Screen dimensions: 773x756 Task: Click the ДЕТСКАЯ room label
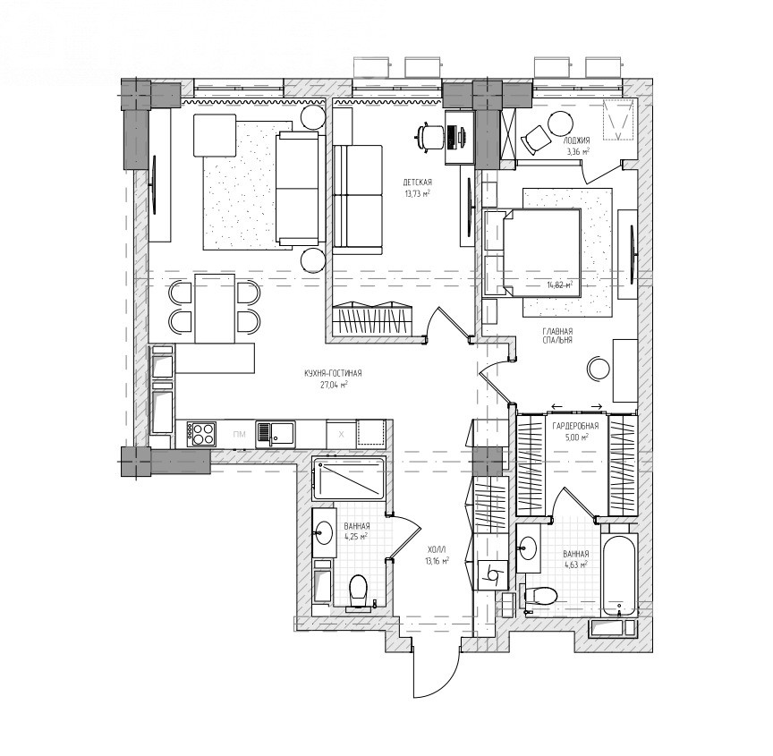click(417, 183)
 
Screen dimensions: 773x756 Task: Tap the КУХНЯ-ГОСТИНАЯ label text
click(333, 374)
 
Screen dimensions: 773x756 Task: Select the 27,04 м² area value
click(335, 385)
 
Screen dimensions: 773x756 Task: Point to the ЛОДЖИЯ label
click(576, 140)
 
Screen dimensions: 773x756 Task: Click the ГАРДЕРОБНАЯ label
click(575, 426)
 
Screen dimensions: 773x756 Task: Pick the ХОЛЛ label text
click(437, 549)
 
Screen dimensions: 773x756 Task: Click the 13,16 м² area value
click(437, 561)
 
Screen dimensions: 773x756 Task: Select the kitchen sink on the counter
click(275, 434)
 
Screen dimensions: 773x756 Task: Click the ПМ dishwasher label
click(240, 434)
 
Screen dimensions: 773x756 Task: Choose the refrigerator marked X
click(341, 434)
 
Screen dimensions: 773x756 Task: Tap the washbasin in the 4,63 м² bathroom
click(528, 548)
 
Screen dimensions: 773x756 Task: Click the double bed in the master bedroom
click(533, 253)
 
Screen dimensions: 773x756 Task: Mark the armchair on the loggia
click(536, 137)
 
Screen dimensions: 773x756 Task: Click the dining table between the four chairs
click(215, 308)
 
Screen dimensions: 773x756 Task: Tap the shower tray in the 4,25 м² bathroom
click(349, 479)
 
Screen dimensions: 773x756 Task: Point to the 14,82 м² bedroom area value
click(559, 285)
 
